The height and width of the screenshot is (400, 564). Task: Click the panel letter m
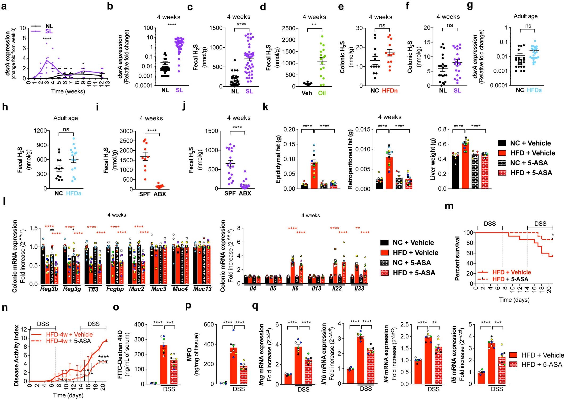pyautogui.click(x=449, y=206)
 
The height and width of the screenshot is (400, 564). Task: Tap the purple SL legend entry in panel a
pyautogui.click(x=49, y=31)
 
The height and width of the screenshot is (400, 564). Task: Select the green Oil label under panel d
pyautogui.click(x=322, y=93)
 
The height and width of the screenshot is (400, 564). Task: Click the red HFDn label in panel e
pyautogui.click(x=390, y=91)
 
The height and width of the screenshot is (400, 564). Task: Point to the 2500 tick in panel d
pyautogui.click(x=290, y=28)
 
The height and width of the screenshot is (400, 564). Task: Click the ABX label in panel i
pyautogui.click(x=160, y=194)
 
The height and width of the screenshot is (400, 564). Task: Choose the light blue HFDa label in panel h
pyautogui.click(x=73, y=193)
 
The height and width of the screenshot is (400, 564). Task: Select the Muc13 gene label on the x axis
pyautogui.click(x=202, y=289)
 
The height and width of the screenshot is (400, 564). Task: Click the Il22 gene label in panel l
pyautogui.click(x=337, y=288)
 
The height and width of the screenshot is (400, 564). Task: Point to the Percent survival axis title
pyautogui.click(x=457, y=258)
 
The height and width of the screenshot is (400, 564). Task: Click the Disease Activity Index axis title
pyautogui.click(x=16, y=356)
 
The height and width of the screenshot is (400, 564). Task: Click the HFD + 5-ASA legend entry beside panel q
pyautogui.click(x=542, y=364)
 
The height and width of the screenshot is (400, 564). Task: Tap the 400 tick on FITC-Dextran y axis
pyautogui.click(x=139, y=325)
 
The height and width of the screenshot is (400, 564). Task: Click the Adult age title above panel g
pyautogui.click(x=525, y=16)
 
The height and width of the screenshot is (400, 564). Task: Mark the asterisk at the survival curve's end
pyautogui.click(x=553, y=235)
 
